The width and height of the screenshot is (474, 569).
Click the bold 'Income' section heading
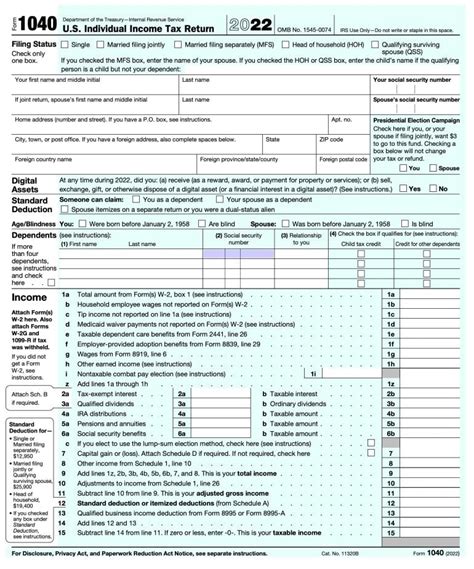click(27, 298)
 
